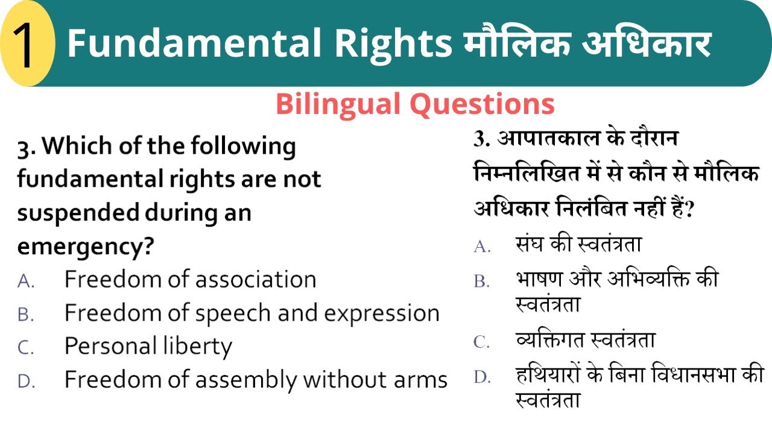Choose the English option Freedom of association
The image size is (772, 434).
tap(190, 280)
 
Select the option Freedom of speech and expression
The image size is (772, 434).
tap(252, 313)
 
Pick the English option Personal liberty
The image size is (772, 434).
tap(148, 347)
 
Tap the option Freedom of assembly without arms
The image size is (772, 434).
tap(256, 380)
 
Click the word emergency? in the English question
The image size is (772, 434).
tap(85, 247)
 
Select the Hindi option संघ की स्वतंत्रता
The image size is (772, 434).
tap(578, 245)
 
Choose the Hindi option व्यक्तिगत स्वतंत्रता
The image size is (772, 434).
tap(585, 341)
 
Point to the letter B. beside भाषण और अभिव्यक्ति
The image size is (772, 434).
tap(482, 281)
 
